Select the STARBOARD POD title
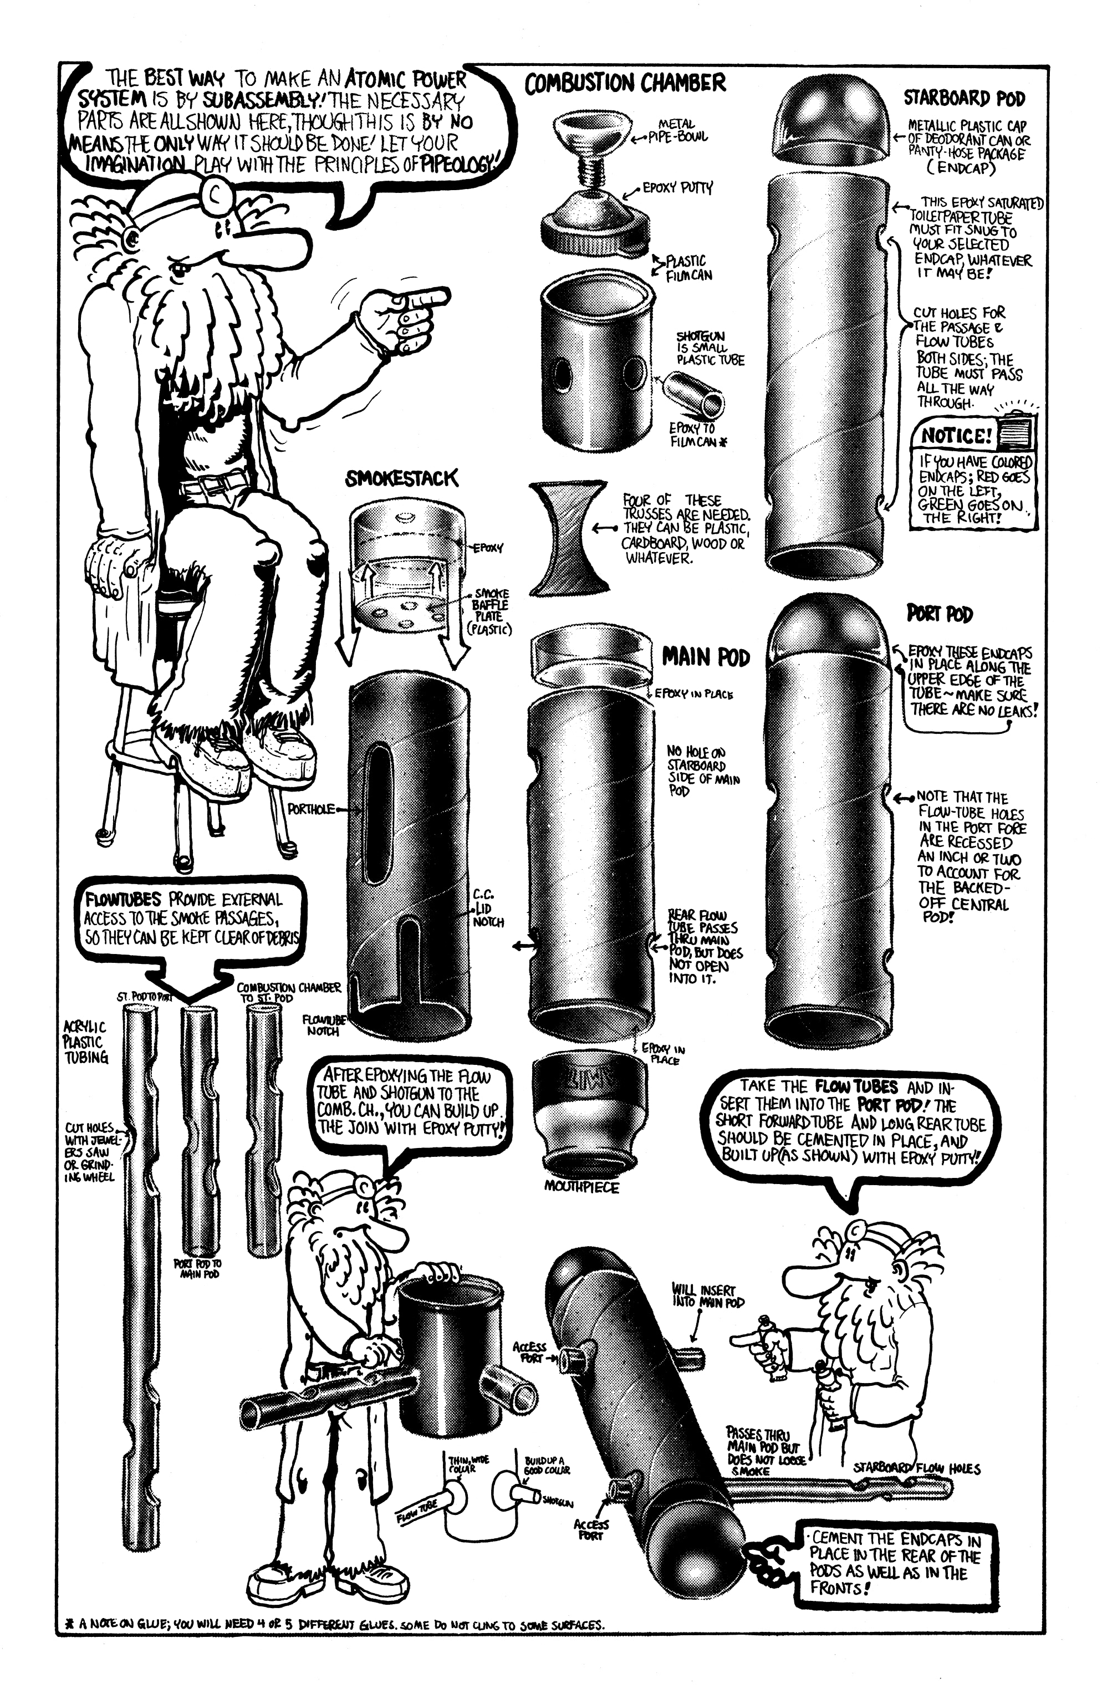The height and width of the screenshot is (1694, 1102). coord(964,98)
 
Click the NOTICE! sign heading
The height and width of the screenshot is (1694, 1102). coord(956,435)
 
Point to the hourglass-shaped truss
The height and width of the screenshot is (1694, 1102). coord(568,538)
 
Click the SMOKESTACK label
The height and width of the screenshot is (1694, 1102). coord(401,479)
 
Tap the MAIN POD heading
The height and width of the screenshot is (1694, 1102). coord(706,656)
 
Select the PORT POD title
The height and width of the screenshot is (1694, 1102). coord(939,614)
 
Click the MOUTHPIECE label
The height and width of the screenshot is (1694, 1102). coord(581,1186)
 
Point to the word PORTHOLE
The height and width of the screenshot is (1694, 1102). coord(310,809)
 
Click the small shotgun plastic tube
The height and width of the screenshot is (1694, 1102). coord(693,395)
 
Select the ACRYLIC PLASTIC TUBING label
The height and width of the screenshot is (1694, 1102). coord(85,1042)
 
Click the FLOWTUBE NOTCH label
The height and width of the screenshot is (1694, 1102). coord(323,1025)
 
